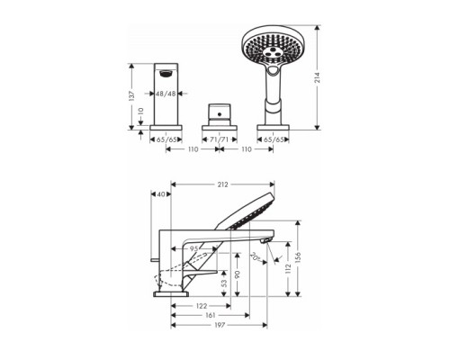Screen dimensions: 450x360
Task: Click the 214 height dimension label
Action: coord(318,77)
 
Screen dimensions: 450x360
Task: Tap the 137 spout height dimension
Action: coord(131,95)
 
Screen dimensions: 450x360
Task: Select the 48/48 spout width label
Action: coord(166,94)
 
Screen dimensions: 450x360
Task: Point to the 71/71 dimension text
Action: coord(220,139)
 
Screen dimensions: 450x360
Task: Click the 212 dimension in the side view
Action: coord(222,184)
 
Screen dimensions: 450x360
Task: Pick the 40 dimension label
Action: coord(161,194)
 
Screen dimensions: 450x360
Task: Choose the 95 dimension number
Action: coord(194,248)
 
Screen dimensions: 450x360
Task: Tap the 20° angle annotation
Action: coord(255,256)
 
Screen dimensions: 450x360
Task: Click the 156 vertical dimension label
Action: coord(298,257)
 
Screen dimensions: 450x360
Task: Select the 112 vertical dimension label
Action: coord(288,268)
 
